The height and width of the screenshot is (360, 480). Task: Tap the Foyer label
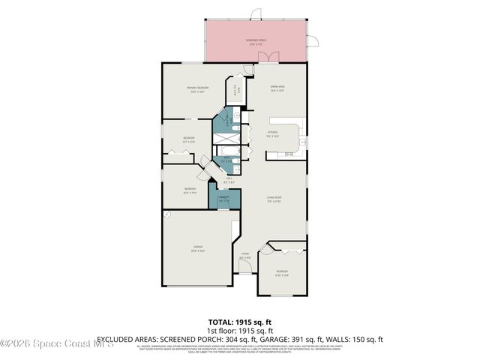[x=244, y=256]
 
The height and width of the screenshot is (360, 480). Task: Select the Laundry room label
[x=223, y=199]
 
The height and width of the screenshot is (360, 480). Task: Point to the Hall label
[x=229, y=180]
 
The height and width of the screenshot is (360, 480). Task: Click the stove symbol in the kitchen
[x=289, y=154]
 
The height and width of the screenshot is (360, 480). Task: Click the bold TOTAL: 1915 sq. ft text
[x=240, y=321]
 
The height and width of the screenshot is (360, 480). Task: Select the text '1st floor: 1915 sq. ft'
[x=240, y=330]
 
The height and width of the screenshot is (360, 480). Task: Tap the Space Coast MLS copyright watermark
[x=57, y=344]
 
